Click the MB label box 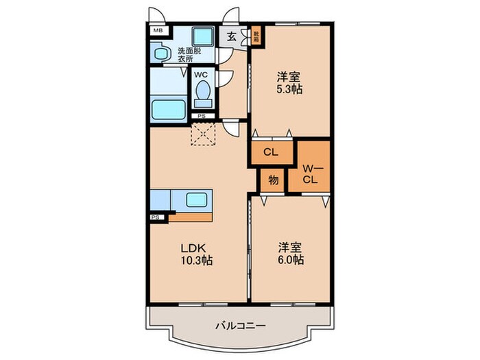[158, 31]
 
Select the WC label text [201, 75]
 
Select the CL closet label [271, 153]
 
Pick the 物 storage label [273, 180]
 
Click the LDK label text [194, 248]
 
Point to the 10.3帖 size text [197, 261]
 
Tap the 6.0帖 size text [291, 261]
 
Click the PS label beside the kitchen [155, 218]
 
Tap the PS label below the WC [201, 116]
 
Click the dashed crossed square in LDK [204, 134]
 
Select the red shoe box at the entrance [256, 34]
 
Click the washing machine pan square [202, 36]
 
